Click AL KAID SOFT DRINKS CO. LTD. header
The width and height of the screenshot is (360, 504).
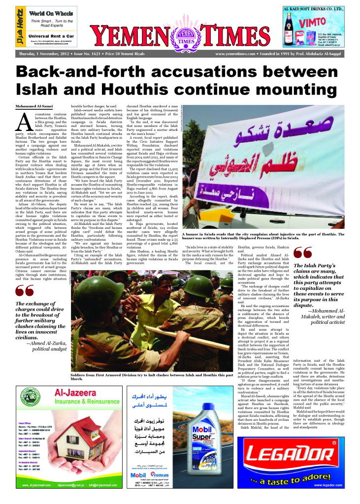point(321,9)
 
